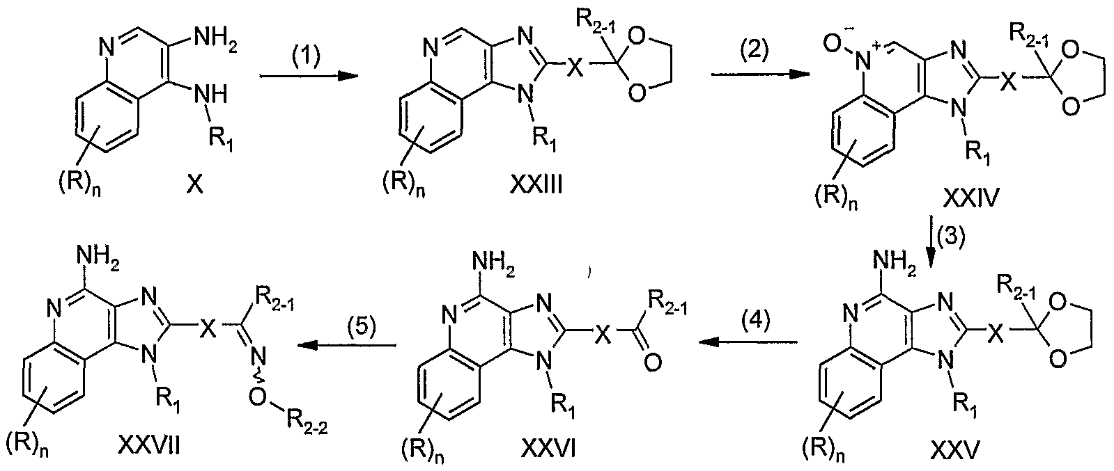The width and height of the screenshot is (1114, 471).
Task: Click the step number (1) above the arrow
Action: point(305,55)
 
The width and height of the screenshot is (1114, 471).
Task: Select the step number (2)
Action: point(755,51)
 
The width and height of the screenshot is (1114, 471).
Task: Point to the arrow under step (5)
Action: point(347,345)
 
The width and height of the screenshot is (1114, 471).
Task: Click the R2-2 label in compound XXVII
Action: point(307,425)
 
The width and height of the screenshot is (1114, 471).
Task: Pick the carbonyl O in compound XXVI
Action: point(653,362)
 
